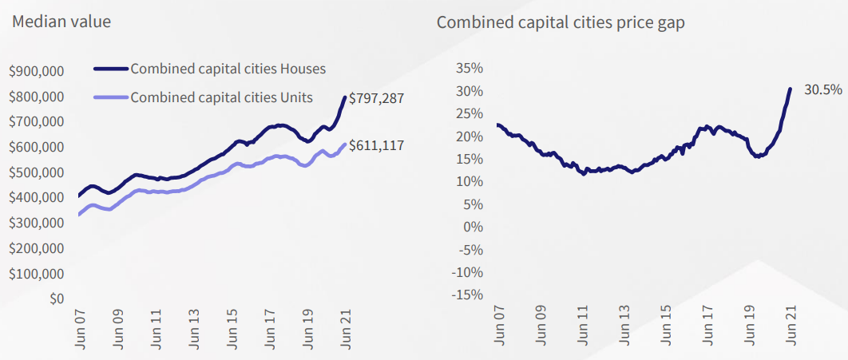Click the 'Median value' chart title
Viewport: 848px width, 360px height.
[x=61, y=22]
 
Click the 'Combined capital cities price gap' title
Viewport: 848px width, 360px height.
[x=561, y=22]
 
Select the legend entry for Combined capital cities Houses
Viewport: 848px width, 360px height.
[x=228, y=69]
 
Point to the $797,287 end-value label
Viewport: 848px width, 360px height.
[x=377, y=99]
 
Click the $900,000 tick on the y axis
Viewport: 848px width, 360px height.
[x=36, y=72]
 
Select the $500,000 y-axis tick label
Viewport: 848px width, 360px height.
[x=36, y=172]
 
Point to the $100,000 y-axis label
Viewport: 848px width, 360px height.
[x=36, y=274]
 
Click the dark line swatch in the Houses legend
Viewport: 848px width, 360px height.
[x=110, y=69]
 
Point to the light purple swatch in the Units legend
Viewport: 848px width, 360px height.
[x=110, y=97]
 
